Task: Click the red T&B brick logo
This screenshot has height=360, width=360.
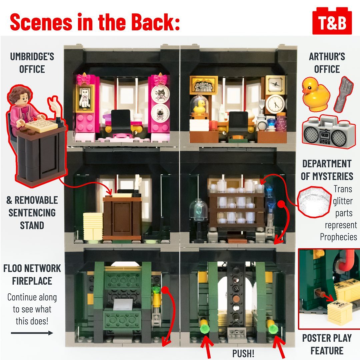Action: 332,21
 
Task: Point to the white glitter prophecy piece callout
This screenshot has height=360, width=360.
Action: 315,202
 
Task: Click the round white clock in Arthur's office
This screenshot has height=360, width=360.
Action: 275,104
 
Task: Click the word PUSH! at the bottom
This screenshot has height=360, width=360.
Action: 243,353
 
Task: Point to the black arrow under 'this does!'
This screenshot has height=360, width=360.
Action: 32,333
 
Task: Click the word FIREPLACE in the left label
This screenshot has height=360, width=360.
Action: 32,281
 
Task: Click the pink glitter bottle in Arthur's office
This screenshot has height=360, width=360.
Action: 281,123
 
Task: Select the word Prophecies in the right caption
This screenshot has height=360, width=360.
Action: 338,237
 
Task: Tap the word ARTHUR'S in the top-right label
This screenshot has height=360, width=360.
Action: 327,56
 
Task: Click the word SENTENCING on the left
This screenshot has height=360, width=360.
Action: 32,213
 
